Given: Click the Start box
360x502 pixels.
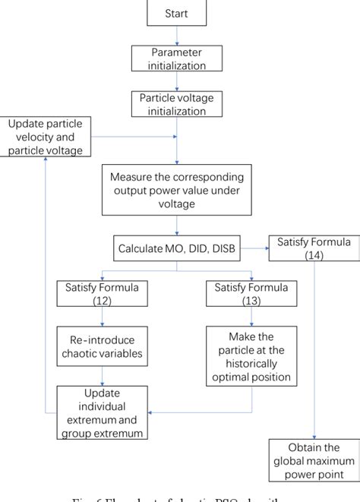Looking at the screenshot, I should [176, 14].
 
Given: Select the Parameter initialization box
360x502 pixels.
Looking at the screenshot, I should [176, 58].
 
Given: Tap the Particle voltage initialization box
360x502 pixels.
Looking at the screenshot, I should [176, 103].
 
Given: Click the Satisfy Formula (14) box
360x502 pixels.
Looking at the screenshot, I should [313, 249].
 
